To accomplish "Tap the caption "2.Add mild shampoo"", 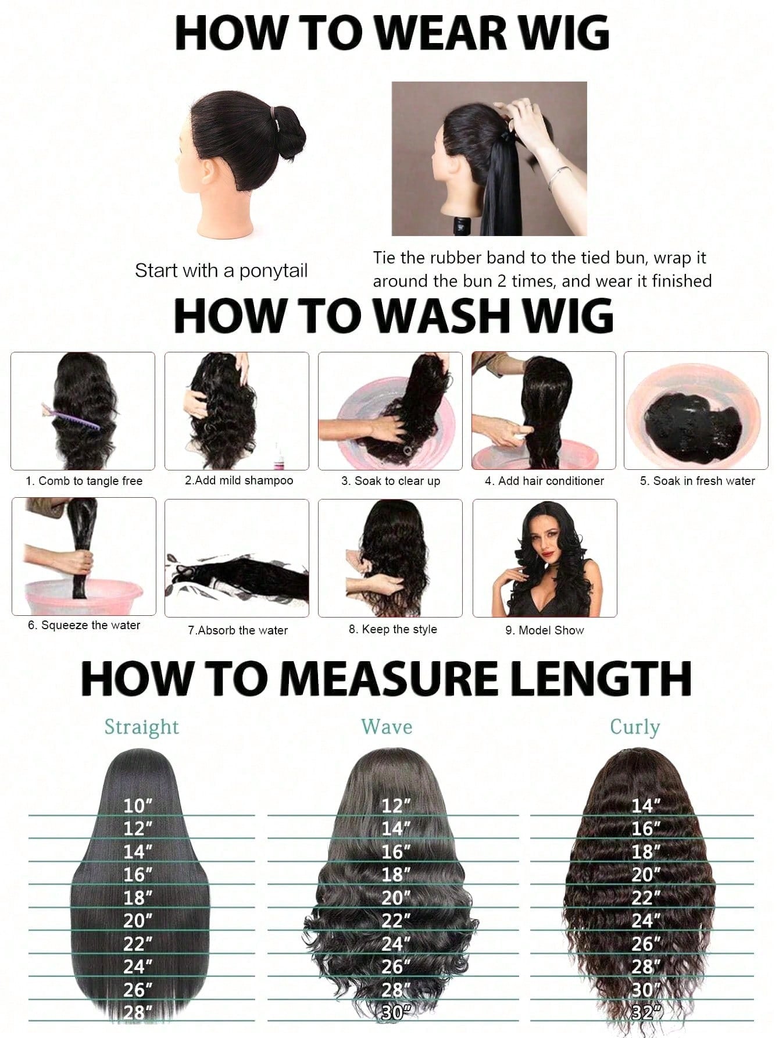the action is [x=239, y=480].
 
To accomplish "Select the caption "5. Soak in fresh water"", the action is [x=698, y=481].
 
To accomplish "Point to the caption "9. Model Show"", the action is [x=545, y=630].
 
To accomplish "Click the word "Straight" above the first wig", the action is [x=142, y=727].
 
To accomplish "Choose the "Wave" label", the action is [x=387, y=727].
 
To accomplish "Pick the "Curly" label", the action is [x=635, y=727].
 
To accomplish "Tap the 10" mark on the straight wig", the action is [x=138, y=806].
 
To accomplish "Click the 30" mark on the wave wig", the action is [x=393, y=1012].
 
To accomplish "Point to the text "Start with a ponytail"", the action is [x=221, y=271].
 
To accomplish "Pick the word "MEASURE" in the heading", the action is [x=397, y=679].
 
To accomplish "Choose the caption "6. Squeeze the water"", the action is [x=84, y=626].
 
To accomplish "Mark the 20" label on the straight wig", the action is [x=138, y=921].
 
